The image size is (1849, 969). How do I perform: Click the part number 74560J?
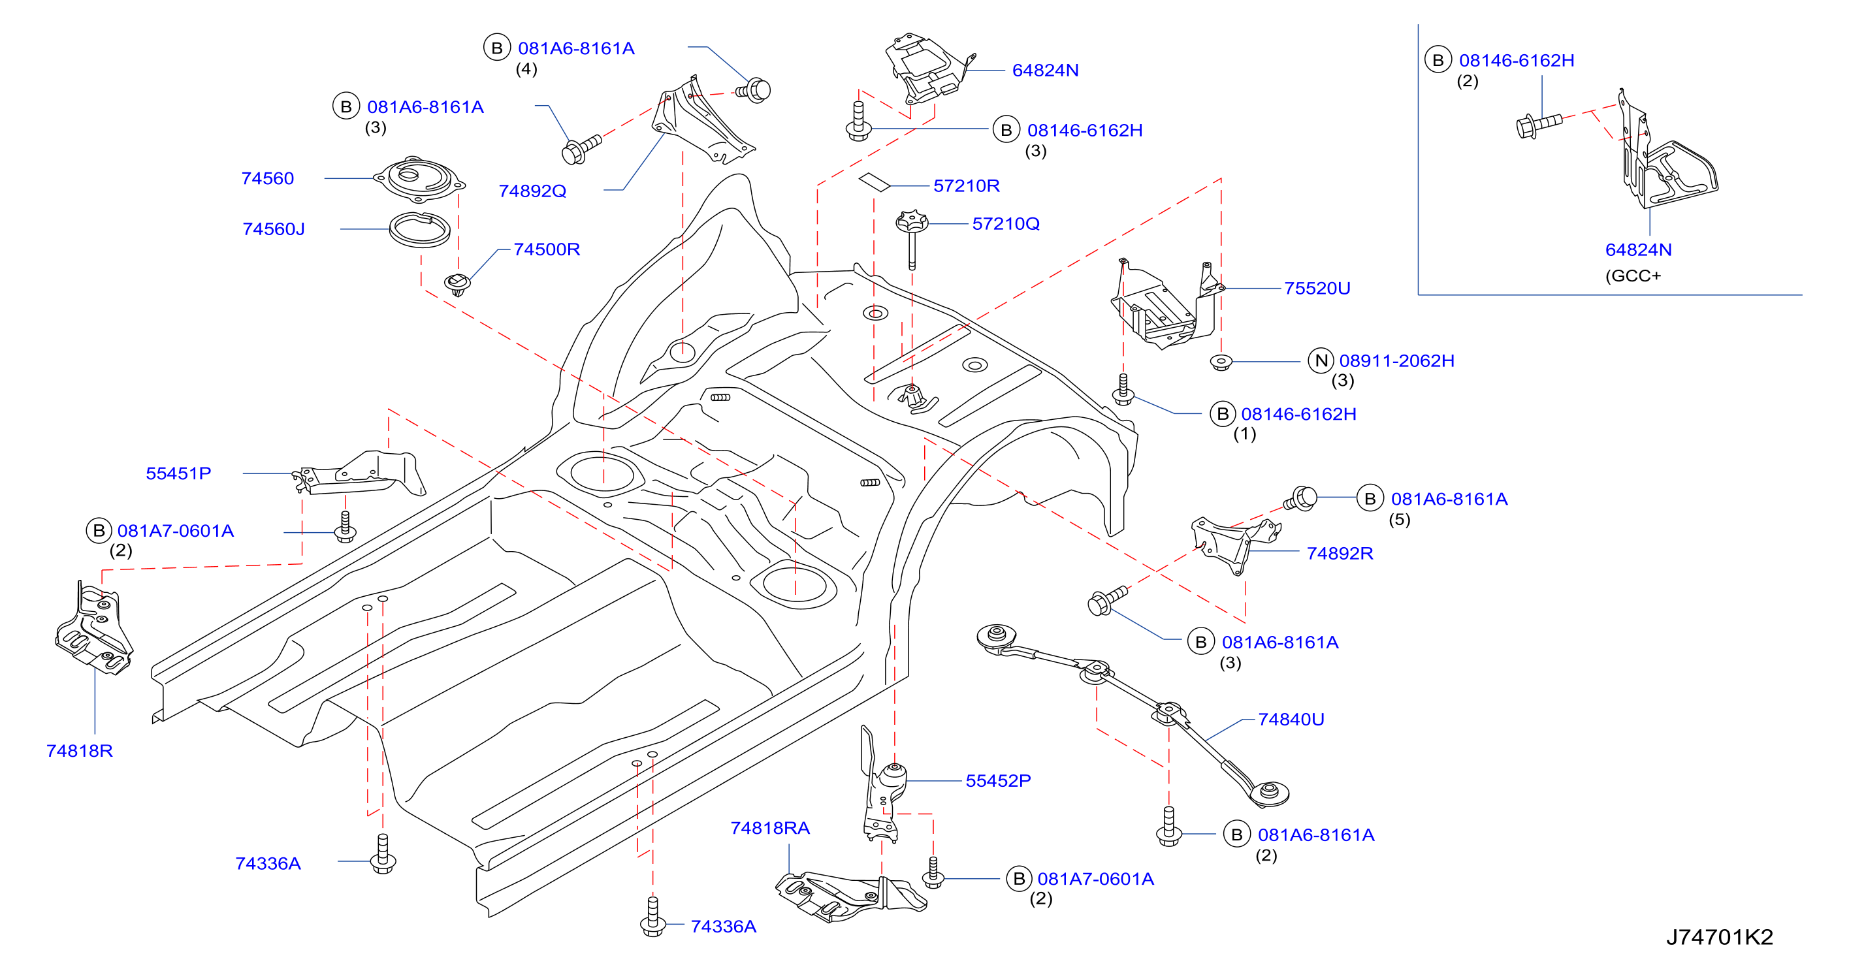tap(274, 229)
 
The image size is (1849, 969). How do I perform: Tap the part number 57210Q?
tap(1006, 223)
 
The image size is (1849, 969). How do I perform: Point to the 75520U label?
tap(1317, 288)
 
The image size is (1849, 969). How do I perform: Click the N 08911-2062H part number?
tap(1382, 360)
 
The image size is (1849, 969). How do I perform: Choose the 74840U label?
tap(1291, 719)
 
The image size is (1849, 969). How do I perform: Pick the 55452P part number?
tap(999, 780)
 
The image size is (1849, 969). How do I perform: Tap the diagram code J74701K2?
tap(1720, 937)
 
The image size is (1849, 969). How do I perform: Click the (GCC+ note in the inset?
tap(1633, 276)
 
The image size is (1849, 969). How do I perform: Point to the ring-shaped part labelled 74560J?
tap(420, 229)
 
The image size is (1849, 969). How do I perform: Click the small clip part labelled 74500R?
tap(457, 284)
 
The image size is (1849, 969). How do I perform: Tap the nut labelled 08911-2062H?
tap(1221, 362)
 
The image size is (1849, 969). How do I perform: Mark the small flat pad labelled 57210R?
tap(875, 182)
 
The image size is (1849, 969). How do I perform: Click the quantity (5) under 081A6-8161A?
tap(1399, 519)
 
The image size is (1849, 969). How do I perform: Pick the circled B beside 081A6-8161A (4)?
tap(497, 48)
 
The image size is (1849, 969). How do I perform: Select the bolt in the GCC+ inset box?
tap(1539, 125)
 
